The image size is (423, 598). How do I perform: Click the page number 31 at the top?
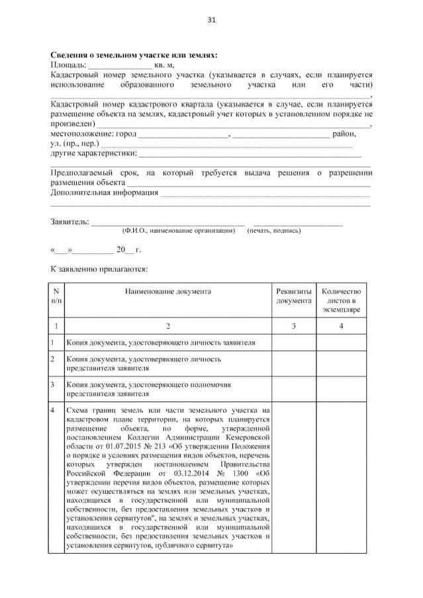click(211, 21)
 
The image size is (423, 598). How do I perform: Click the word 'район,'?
click(344, 134)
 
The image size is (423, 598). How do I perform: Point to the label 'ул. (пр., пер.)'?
click(75, 144)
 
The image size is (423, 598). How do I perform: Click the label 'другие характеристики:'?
click(94, 153)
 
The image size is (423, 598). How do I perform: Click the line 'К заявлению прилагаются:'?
click(100, 269)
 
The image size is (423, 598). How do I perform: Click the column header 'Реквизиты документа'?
click(293, 296)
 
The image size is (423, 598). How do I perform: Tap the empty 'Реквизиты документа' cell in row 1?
click(293, 343)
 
